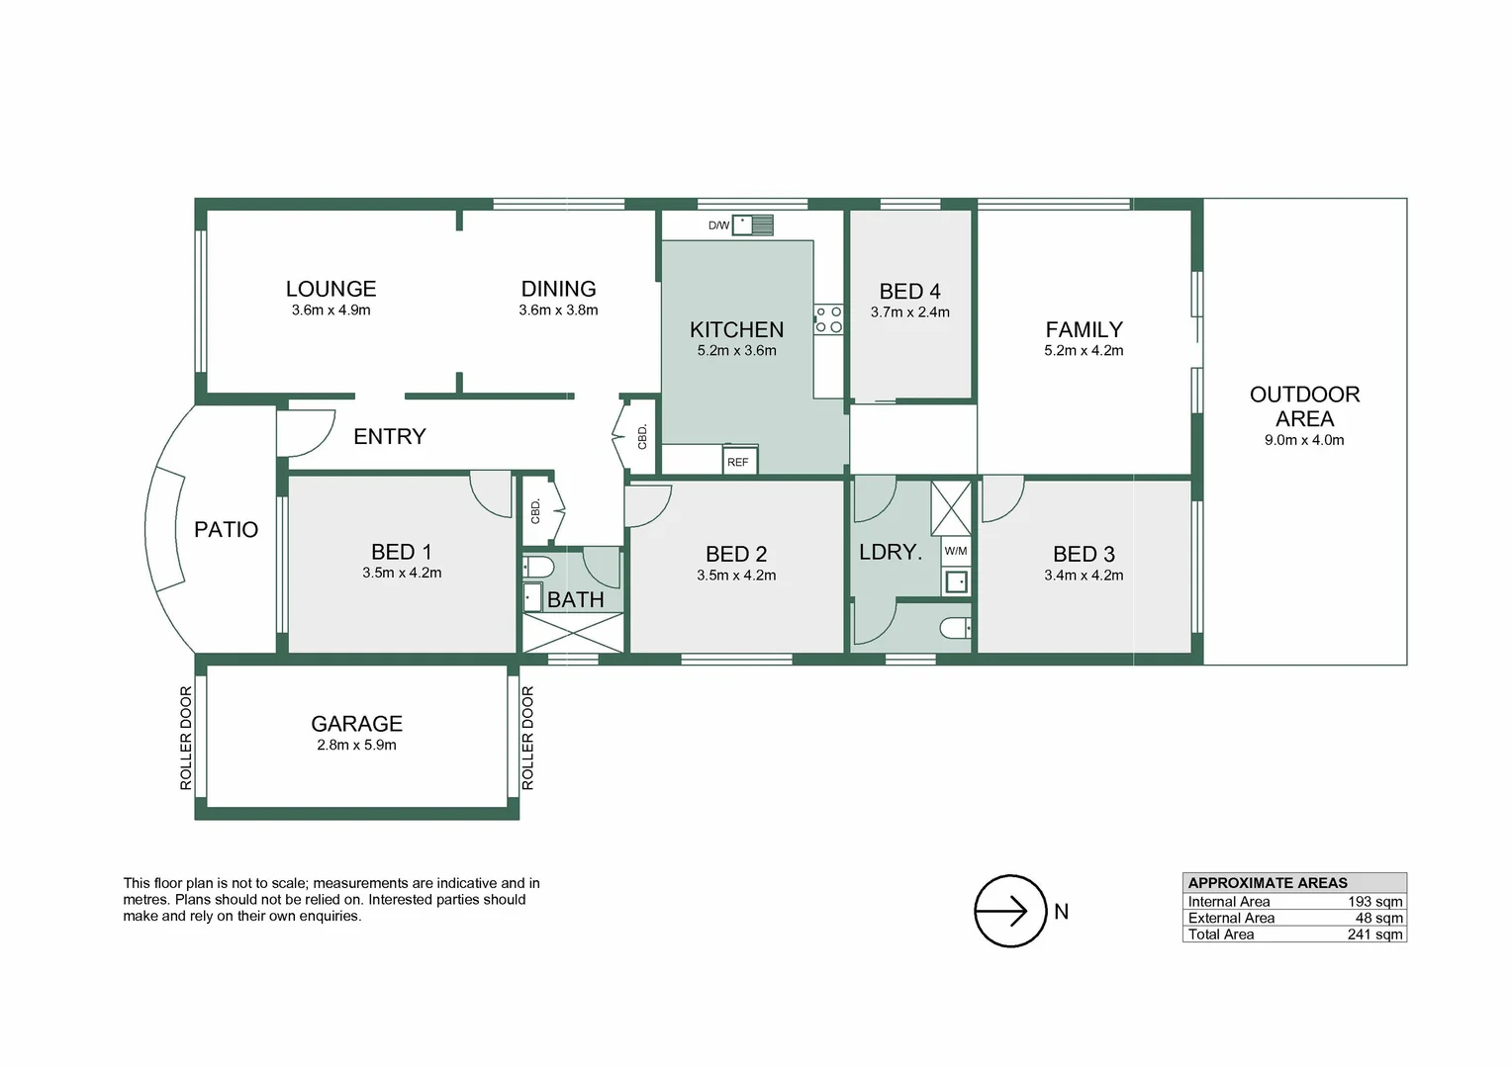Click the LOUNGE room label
tap(331, 289)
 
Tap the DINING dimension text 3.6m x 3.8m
tap(558, 311)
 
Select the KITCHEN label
tap(736, 330)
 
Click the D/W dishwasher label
tap(718, 225)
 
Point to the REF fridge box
tap(740, 460)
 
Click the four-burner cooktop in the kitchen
tap(828, 319)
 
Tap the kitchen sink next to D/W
tap(753, 224)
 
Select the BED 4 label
tap(909, 292)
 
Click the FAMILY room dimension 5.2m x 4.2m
tap(1084, 351)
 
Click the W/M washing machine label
tap(956, 551)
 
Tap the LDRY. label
tap(891, 553)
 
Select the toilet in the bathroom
tap(538, 567)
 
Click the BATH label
tap(575, 600)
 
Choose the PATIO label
tap(227, 530)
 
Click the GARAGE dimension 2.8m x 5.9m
tap(356, 746)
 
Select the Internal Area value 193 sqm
tap(1375, 902)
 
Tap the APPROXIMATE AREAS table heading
tap(1268, 883)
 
